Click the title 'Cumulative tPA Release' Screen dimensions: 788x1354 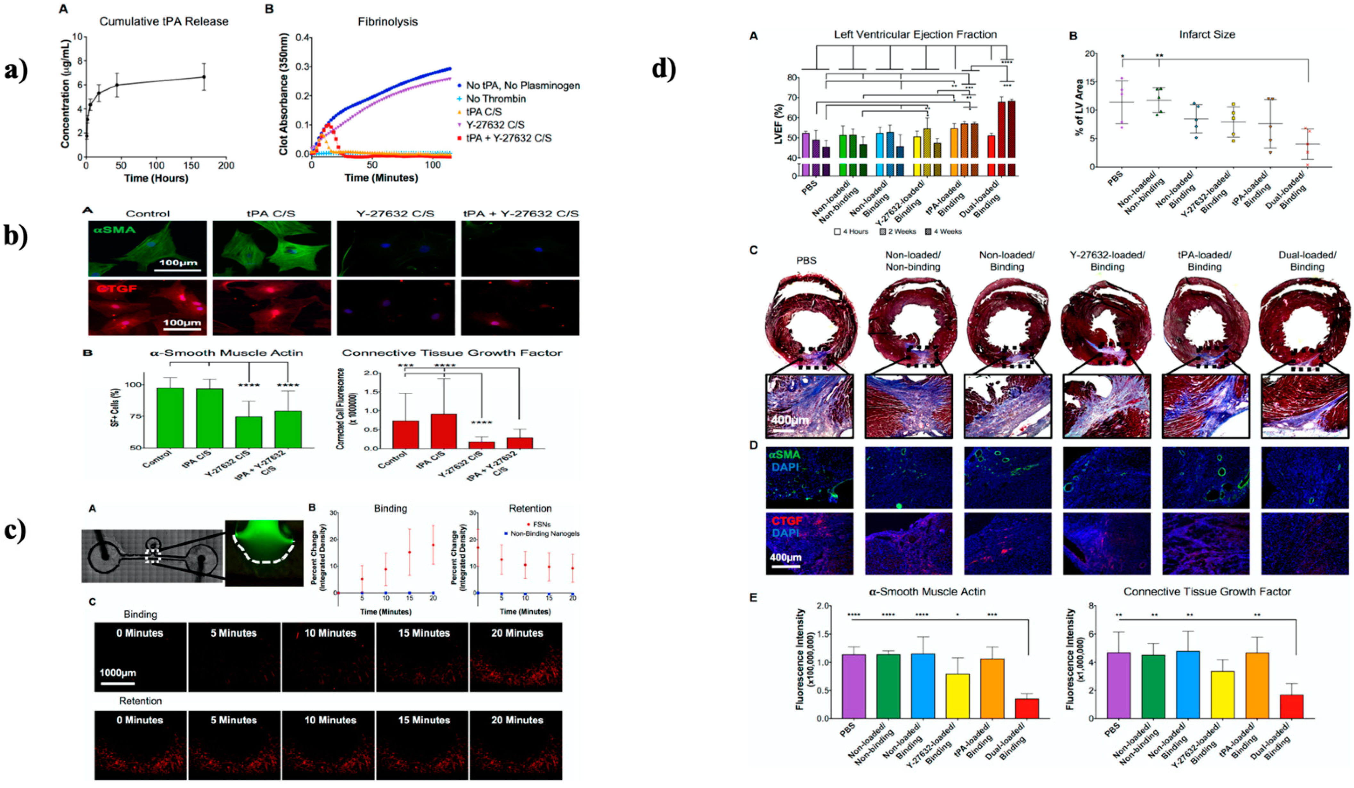click(164, 21)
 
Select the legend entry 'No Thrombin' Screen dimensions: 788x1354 click(495, 99)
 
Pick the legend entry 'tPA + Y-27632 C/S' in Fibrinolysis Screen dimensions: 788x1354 click(508, 138)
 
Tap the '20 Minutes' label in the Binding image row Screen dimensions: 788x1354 click(517, 633)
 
